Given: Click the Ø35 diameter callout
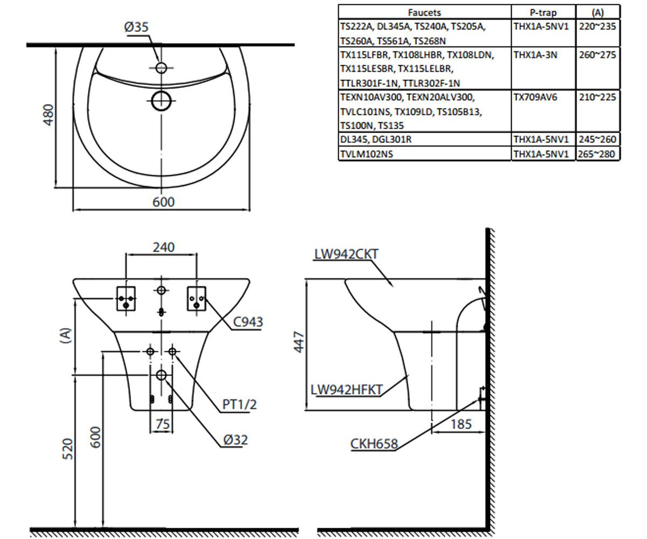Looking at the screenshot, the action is click(136, 27).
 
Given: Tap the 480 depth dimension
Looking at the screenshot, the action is click(49, 115).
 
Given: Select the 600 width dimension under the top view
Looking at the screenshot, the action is click(163, 202).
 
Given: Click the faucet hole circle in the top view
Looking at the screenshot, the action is click(161, 67).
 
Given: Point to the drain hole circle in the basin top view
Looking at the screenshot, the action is click(161, 101).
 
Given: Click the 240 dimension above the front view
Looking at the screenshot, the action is click(163, 247).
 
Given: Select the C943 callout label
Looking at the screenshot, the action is click(247, 322).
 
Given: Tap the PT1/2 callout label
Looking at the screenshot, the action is click(239, 405).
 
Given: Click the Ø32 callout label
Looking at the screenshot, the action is click(236, 440).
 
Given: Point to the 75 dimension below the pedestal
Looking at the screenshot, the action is click(163, 424).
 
